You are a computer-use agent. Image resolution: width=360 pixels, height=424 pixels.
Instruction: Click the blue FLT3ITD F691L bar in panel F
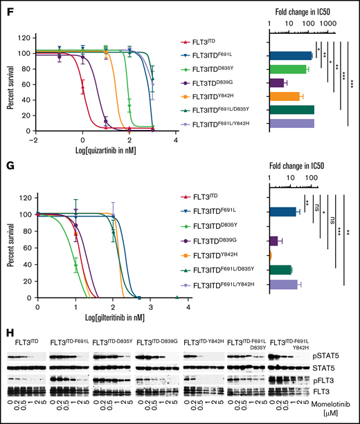point(291,56)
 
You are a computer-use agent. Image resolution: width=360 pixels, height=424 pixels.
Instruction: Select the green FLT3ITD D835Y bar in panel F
point(288,69)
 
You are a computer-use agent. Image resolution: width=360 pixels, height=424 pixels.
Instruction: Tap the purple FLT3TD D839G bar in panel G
point(273,241)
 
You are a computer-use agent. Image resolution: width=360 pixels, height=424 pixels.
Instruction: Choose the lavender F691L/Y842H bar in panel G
point(283,284)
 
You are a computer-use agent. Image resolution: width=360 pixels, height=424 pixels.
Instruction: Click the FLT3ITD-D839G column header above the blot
point(157,342)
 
